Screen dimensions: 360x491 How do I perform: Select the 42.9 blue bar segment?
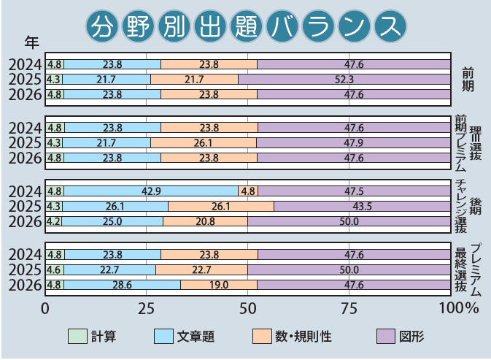coord(151,191)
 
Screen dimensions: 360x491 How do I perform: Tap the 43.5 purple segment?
coord(362,207)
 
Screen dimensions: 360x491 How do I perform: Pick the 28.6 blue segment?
coord(122,285)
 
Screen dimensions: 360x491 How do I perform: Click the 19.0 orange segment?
coord(219,285)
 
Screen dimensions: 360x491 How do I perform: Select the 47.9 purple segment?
coord(355,142)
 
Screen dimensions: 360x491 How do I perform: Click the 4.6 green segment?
coord(54,270)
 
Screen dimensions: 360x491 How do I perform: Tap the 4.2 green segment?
coord(53,221)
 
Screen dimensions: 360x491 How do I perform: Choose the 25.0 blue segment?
coord(112,221)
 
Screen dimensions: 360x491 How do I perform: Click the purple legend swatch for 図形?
coord(385,336)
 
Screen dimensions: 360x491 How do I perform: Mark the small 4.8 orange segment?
coord(247,191)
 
